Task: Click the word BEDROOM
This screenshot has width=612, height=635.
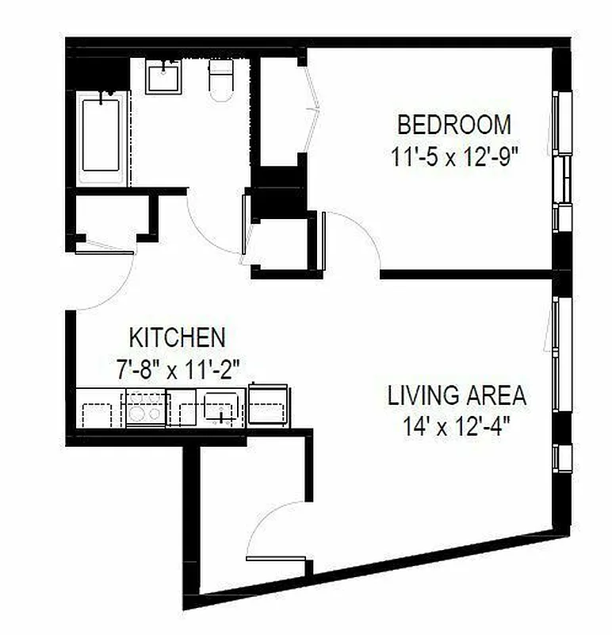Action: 454,125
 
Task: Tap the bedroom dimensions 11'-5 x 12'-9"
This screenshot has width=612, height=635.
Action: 454,156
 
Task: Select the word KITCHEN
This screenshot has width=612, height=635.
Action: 178,337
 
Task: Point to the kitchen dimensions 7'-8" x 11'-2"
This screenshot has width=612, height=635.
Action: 177,368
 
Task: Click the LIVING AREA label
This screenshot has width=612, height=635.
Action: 457,394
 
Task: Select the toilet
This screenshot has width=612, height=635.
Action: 220,80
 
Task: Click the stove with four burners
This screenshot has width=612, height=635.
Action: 146,410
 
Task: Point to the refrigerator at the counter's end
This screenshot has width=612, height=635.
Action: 269,406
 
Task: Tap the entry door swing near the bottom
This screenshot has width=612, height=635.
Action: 273,528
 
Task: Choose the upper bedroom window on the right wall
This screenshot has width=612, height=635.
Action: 562,123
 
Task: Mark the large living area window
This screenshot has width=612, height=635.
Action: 561,353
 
